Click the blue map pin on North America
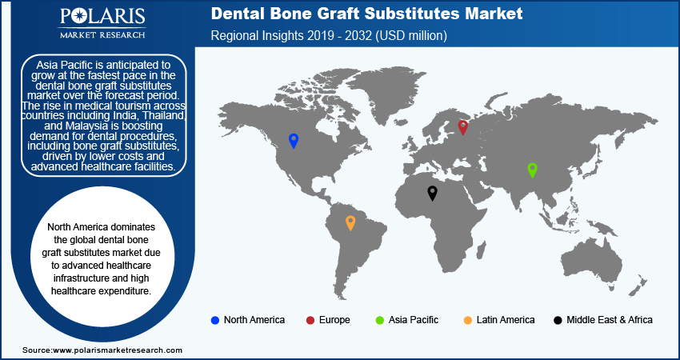[294, 141]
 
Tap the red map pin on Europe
[463, 127]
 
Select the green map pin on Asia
[532, 170]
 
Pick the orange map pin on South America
[350, 223]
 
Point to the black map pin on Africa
[432, 193]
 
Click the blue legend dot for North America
[214, 321]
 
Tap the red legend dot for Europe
[310, 321]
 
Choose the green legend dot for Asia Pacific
[379, 321]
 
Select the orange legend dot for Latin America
[467, 321]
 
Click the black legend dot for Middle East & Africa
[558, 321]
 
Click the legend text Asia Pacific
[414, 320]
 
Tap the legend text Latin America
[506, 320]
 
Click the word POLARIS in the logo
[102, 17]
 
